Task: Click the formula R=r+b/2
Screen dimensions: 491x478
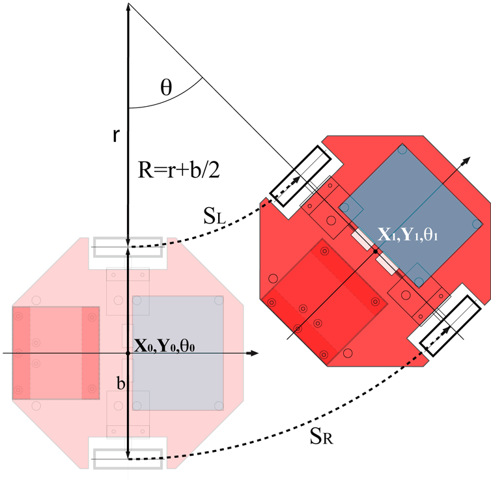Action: [x=179, y=170]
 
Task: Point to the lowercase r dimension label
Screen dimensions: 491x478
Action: [x=116, y=135]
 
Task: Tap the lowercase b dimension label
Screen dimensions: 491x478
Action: [x=121, y=383]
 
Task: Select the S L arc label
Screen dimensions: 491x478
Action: [x=214, y=216]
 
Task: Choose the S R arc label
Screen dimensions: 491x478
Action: [x=321, y=436]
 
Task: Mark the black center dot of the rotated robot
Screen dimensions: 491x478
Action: [x=376, y=251]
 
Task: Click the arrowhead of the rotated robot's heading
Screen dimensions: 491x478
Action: [x=466, y=160]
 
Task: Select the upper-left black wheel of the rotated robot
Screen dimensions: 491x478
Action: [x=301, y=176]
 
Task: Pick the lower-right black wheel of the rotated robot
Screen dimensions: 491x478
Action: [x=450, y=326]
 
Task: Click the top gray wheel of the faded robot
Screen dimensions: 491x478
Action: [x=128, y=247]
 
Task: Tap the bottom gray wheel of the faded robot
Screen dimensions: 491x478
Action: [x=128, y=459]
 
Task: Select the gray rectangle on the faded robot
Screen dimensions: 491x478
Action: [x=178, y=353]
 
